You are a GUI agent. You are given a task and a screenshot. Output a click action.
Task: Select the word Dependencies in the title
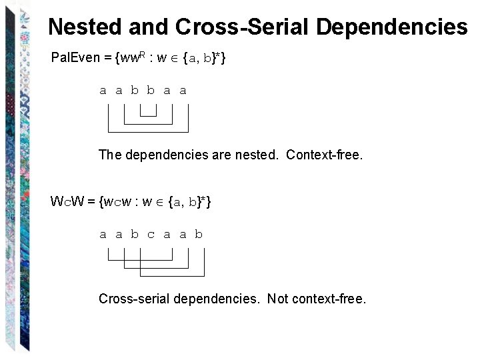391,27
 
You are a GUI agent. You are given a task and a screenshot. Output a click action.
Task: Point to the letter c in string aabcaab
151,234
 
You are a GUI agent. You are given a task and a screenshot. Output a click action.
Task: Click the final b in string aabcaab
199,234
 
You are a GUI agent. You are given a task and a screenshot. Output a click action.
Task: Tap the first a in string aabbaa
103,90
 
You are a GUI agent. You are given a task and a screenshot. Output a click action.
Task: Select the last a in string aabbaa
183,90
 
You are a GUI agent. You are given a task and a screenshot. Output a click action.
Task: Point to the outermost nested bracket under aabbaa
148,131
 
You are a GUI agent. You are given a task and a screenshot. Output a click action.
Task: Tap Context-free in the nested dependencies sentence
325,155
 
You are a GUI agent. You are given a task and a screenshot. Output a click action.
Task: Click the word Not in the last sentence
277,299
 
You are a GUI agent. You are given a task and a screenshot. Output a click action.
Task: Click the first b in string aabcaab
135,234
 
